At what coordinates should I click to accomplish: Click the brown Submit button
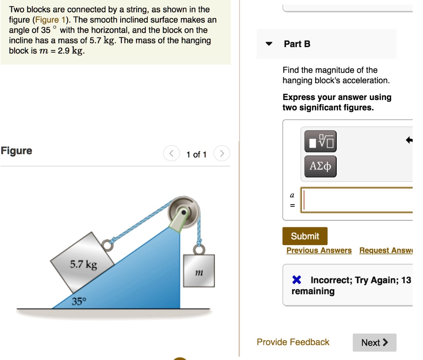(x=305, y=236)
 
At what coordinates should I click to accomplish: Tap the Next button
(x=374, y=342)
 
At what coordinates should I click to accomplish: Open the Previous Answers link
(x=319, y=250)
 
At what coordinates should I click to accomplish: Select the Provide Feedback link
(x=293, y=342)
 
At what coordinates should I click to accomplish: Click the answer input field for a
(x=357, y=200)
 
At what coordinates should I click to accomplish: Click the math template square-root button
(x=320, y=141)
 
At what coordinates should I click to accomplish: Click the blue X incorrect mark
(x=296, y=280)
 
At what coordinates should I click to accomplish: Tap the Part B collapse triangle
(x=269, y=44)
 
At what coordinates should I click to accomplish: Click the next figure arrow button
(x=222, y=154)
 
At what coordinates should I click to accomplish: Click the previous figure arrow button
(x=171, y=154)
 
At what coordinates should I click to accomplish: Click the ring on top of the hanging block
(x=199, y=250)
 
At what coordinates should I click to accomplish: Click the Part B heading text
(x=297, y=44)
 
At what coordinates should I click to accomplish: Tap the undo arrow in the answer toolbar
(x=409, y=140)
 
